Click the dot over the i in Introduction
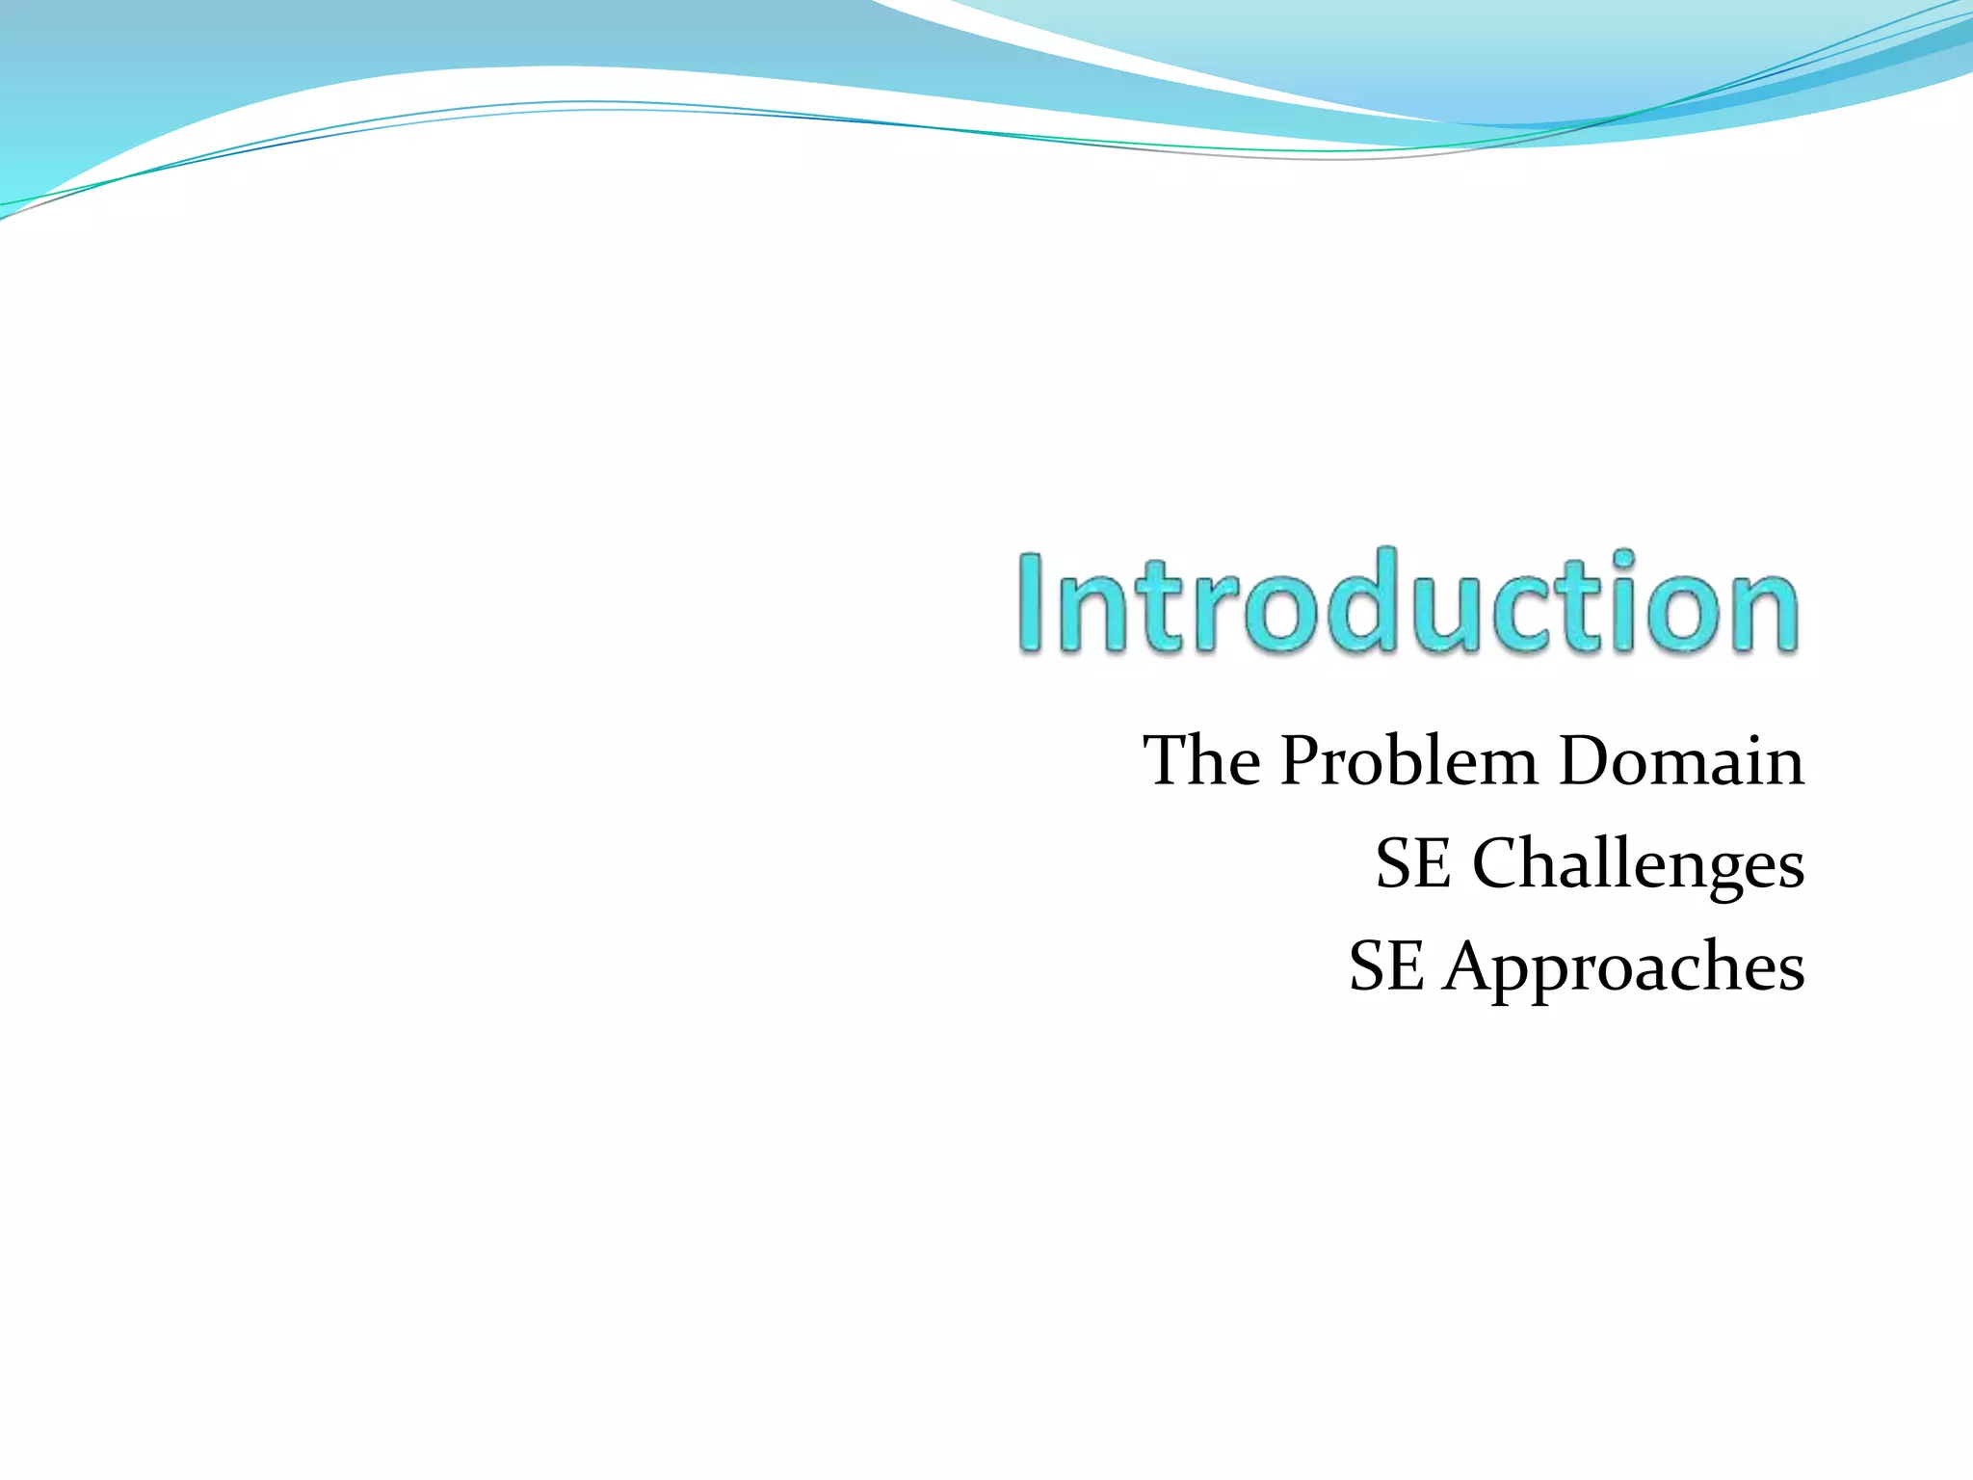pyautogui.click(x=1624, y=559)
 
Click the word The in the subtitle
pyautogui.click(x=1201, y=761)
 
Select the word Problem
pyautogui.click(x=1409, y=761)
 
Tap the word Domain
pyautogui.click(x=1681, y=761)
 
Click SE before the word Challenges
pyautogui.click(x=1412, y=863)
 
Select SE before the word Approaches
pyautogui.click(x=1385, y=966)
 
